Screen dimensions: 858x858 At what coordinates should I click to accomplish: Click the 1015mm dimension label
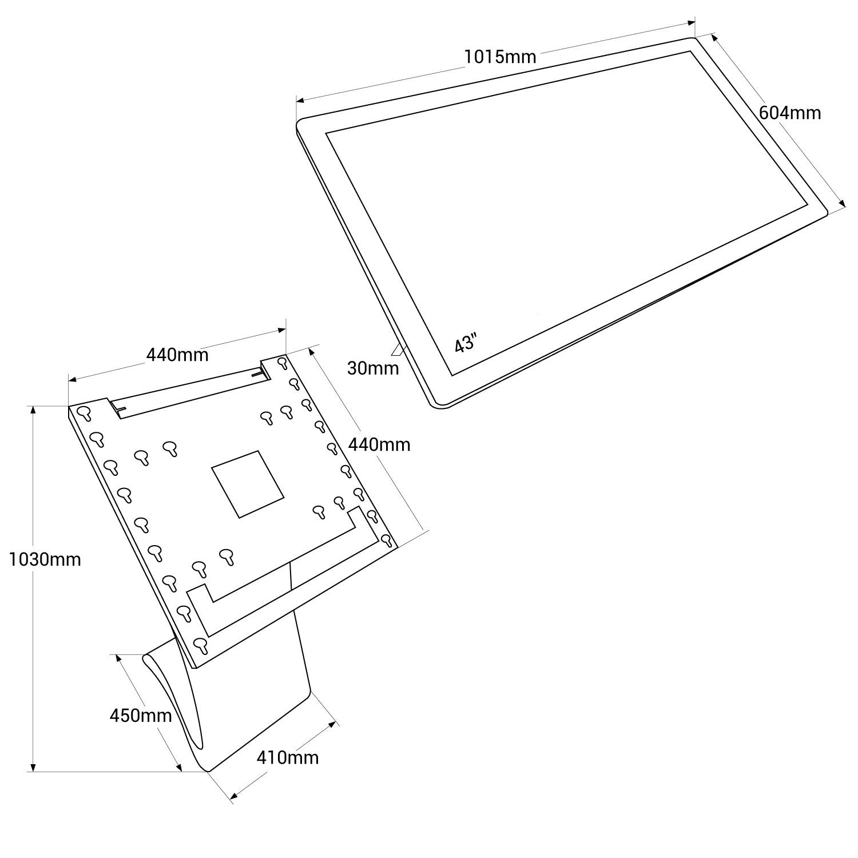tap(500, 57)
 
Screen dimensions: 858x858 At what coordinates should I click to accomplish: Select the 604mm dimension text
tap(789, 113)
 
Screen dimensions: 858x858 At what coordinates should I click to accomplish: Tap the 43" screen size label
tap(465, 344)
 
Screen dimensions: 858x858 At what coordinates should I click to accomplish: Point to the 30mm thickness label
tap(373, 368)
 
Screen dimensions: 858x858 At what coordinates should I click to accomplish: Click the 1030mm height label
tap(45, 559)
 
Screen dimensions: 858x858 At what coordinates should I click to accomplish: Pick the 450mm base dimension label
tap(141, 715)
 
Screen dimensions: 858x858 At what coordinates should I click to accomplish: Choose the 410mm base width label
tap(288, 757)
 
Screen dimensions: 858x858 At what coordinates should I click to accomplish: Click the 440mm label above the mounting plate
tap(177, 355)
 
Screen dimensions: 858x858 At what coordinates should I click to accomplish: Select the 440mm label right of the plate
tap(380, 444)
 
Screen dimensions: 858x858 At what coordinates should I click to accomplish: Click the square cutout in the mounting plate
tap(247, 484)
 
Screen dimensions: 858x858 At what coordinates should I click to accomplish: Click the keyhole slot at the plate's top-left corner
tap(85, 413)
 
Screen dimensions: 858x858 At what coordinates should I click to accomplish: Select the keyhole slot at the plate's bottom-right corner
tap(386, 540)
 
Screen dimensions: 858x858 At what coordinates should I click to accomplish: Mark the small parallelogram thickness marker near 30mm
tap(399, 348)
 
